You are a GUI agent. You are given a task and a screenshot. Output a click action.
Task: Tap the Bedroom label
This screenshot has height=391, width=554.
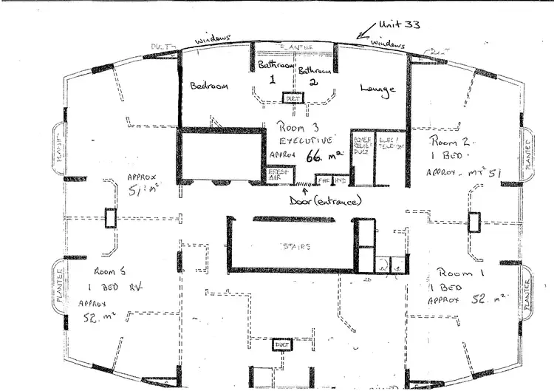pos(210,85)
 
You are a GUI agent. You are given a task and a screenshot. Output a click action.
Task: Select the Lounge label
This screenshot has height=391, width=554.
pos(377,89)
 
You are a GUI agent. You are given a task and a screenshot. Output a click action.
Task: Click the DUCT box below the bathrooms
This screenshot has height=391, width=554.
pos(293,97)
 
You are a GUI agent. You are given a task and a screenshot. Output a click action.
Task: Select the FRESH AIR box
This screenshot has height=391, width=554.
pos(277,174)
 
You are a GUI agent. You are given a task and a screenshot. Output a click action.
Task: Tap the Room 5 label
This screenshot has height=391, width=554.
pos(109,272)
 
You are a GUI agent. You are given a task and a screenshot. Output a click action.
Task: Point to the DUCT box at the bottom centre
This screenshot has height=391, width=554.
pos(280,345)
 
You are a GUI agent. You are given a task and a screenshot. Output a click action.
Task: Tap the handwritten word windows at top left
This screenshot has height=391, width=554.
pos(214,37)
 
